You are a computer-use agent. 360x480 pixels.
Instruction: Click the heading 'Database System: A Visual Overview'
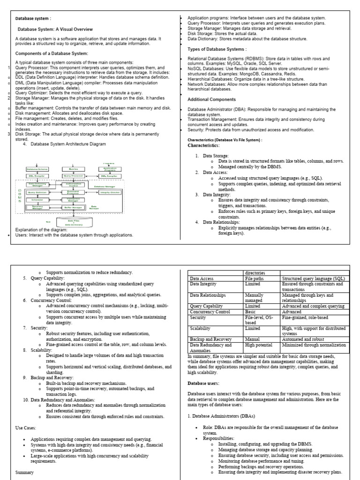click(x=55, y=29)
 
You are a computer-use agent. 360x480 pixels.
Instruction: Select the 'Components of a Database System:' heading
click(x=52, y=53)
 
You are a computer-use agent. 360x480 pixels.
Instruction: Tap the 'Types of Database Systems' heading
click(x=217, y=49)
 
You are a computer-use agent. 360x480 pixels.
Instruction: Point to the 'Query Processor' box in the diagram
click(x=73, y=176)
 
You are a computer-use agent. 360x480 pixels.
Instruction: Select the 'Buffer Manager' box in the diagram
click(x=74, y=207)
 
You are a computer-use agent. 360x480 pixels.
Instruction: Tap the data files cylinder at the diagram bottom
click(x=74, y=223)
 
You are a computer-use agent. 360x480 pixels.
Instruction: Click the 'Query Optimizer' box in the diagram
click(x=37, y=192)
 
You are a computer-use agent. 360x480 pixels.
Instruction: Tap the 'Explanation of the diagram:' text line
click(x=41, y=230)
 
